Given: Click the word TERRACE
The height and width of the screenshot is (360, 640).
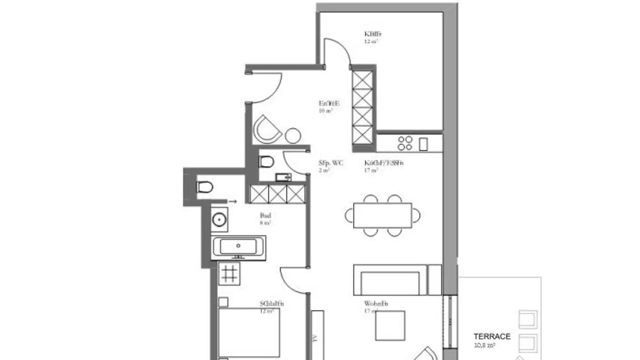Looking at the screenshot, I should click(x=492, y=336).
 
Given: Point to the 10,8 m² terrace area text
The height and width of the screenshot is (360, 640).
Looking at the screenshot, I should click(x=484, y=344).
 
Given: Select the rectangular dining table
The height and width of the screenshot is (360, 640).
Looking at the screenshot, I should click(x=382, y=216).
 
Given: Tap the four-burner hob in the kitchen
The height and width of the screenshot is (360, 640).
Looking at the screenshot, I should click(x=405, y=143).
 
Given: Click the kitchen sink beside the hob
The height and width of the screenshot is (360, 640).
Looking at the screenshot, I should click(x=423, y=144).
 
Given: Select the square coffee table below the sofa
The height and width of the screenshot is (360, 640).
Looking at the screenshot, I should click(x=390, y=325).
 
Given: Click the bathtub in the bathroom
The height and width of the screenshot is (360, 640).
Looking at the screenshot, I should click(x=239, y=247).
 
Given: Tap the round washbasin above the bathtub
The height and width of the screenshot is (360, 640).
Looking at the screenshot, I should click(x=219, y=219).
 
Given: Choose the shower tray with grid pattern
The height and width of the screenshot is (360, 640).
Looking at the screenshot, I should click(x=229, y=273).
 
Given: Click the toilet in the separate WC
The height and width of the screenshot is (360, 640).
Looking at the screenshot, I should click(x=266, y=161).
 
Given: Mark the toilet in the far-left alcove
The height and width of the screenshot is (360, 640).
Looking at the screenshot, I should click(x=204, y=187).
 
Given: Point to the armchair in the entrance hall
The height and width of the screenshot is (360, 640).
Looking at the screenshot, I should click(x=267, y=129).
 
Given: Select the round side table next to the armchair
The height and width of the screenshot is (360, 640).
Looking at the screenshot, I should click(x=293, y=135).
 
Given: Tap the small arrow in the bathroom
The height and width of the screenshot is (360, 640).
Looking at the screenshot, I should click(x=232, y=202).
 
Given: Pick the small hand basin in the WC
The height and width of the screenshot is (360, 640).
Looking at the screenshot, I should click(x=283, y=178).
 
